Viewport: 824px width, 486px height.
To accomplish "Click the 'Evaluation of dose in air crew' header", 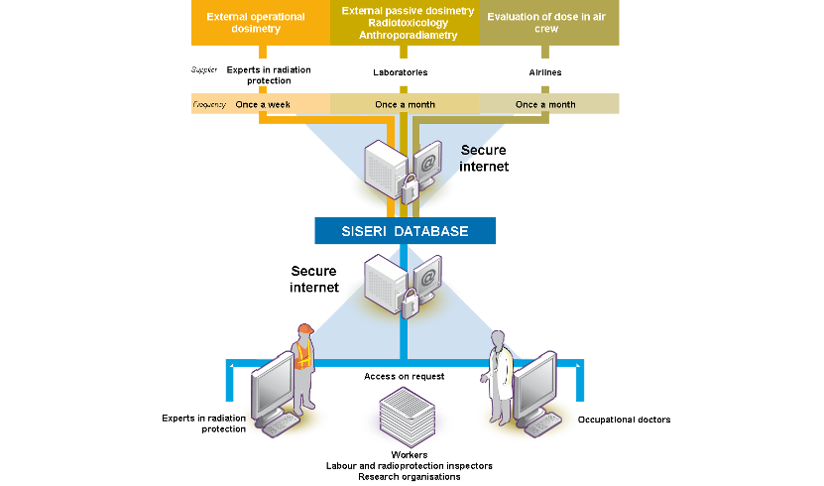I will [544, 23].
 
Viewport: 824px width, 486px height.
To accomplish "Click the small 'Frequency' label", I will [209, 104].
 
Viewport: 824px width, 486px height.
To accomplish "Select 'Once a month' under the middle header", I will [404, 104].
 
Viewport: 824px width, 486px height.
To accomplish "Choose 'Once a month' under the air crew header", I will [545, 104].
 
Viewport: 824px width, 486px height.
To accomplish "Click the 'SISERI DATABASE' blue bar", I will [405, 231].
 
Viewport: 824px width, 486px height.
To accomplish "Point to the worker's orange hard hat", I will [302, 329].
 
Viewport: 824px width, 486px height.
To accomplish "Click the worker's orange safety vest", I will [303, 359].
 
